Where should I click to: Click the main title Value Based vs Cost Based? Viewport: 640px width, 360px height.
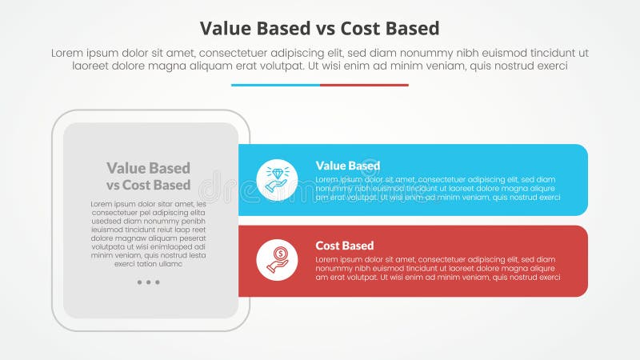coord(319,28)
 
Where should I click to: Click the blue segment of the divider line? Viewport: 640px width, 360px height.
coord(275,85)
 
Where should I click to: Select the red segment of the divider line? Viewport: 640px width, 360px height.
coord(364,85)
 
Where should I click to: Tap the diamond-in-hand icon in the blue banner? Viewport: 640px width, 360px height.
coord(277,179)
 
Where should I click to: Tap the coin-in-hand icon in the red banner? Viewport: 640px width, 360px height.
coord(277,260)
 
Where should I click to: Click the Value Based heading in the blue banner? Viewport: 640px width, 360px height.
coord(347,166)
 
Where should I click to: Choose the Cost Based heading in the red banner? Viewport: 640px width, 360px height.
coord(344,246)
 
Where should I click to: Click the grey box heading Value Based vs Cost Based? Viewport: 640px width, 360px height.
coord(149,177)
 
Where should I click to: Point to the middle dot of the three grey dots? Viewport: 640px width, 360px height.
coord(148,282)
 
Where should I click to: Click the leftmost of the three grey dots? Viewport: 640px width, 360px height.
coord(139,282)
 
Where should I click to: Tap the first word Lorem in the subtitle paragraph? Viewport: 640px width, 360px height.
coord(69,53)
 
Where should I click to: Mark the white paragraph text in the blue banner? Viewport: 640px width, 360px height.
coord(435,188)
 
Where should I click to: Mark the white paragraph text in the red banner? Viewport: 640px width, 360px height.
coord(435,268)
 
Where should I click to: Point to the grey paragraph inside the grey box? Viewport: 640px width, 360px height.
coord(149,234)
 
